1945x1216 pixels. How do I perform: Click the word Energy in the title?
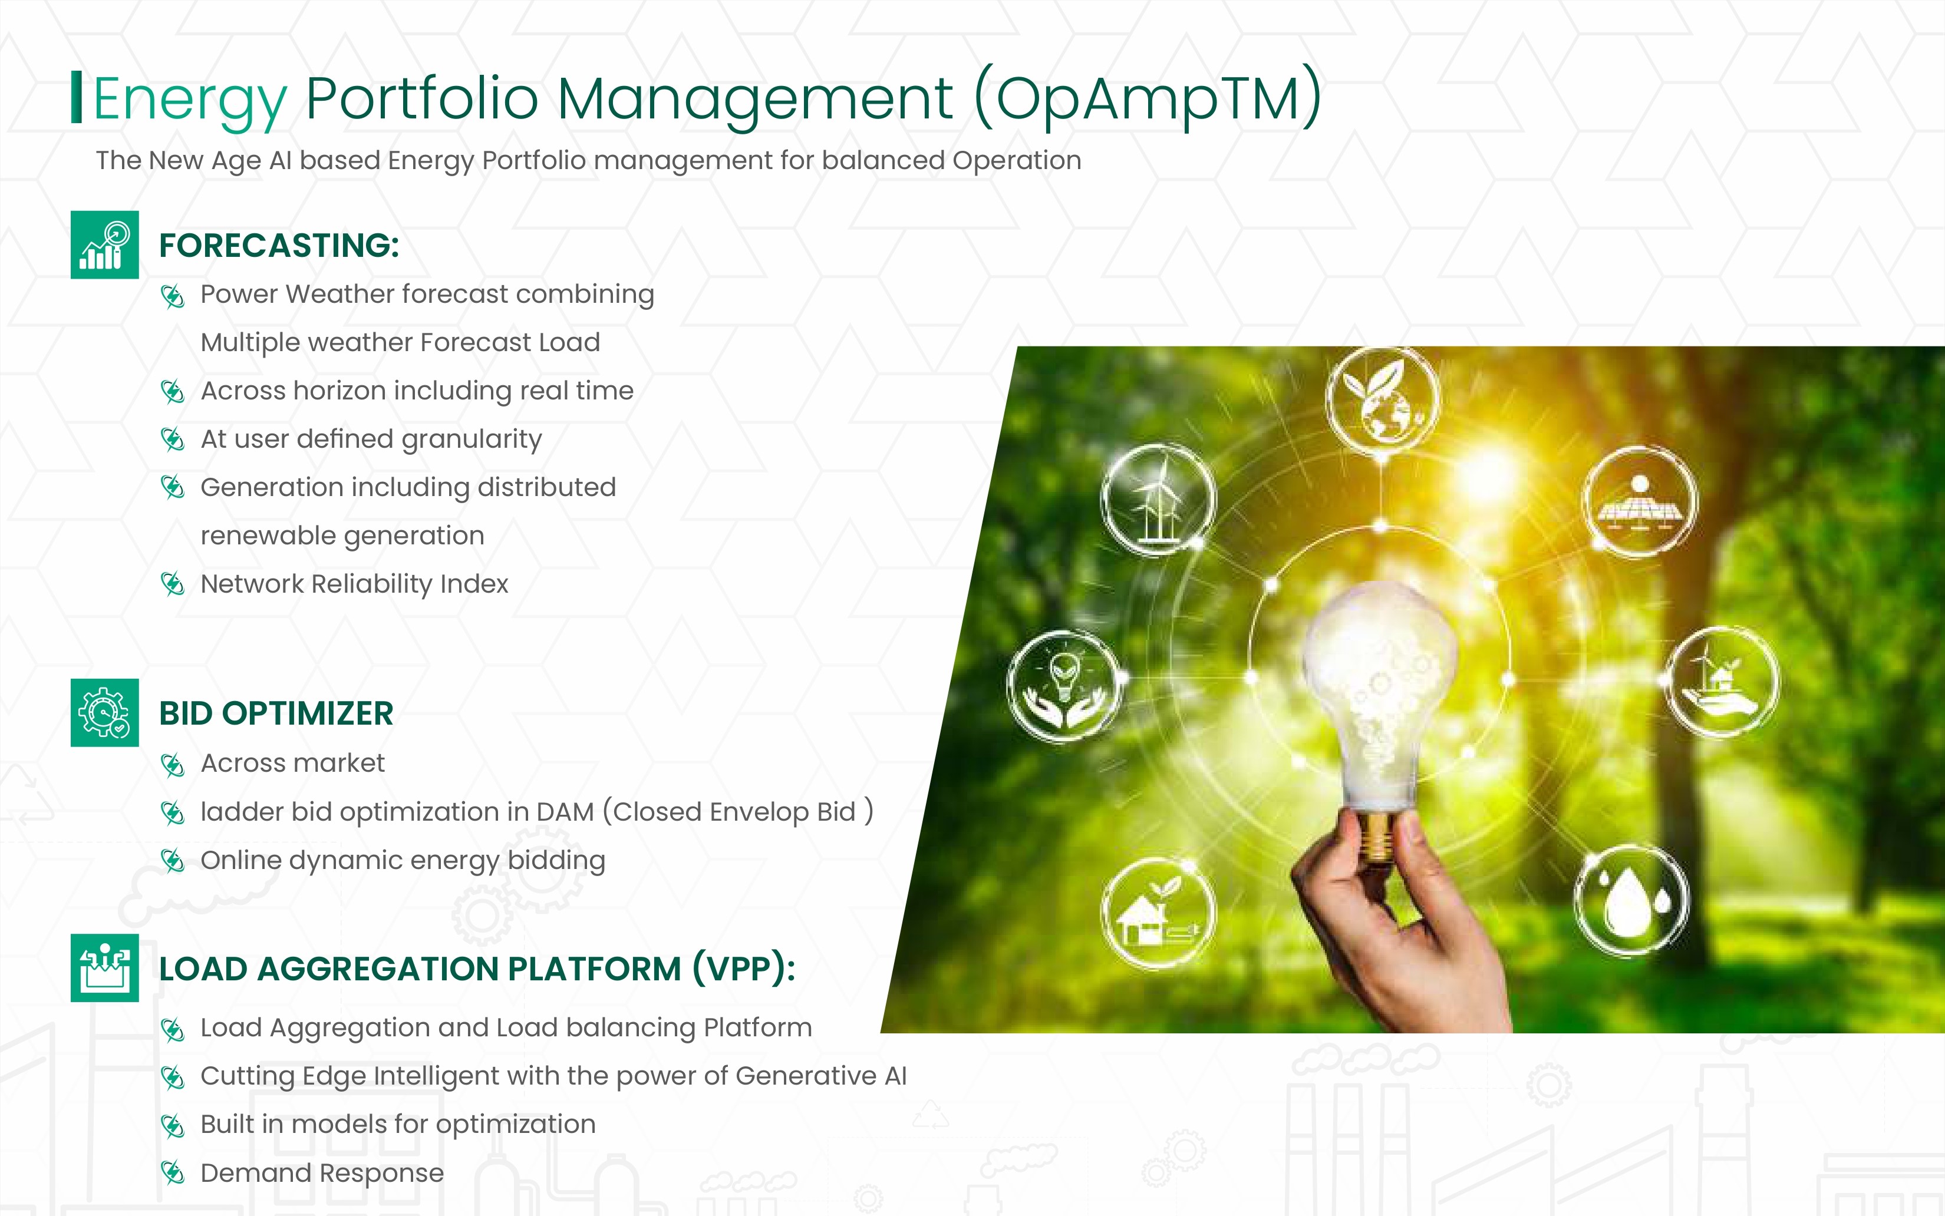pyautogui.click(x=190, y=100)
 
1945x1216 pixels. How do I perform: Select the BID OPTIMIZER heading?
pyautogui.click(x=276, y=713)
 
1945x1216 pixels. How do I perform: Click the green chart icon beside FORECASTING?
pyautogui.click(x=104, y=244)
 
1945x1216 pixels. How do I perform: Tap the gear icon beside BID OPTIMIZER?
pyautogui.click(x=104, y=712)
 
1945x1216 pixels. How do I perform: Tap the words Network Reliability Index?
pyautogui.click(x=355, y=584)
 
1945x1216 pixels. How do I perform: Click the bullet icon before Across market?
pyautogui.click(x=173, y=765)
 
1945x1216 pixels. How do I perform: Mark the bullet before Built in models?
pyautogui.click(x=173, y=1126)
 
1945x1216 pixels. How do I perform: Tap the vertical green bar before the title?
pyautogui.click(x=77, y=97)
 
